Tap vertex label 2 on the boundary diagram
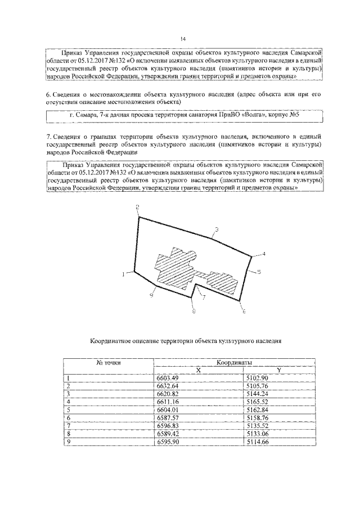pyautogui.click(x=137, y=208)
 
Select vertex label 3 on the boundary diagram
pyautogui.click(x=216, y=229)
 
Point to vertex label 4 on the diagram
pyautogui.click(x=263, y=255)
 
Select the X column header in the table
pyautogui.click(x=198, y=370)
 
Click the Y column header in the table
pyautogui.click(x=280, y=370)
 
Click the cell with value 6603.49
pyautogui.click(x=166, y=378)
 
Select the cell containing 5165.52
pyautogui.click(x=257, y=402)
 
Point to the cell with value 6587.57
pyautogui.click(x=166, y=418)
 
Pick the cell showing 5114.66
pyautogui.click(x=257, y=442)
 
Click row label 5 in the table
pyautogui.click(x=67, y=410)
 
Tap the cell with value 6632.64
pyautogui.click(x=166, y=386)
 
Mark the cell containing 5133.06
pyautogui.click(x=257, y=434)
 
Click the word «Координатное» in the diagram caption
pyautogui.click(x=115, y=341)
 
